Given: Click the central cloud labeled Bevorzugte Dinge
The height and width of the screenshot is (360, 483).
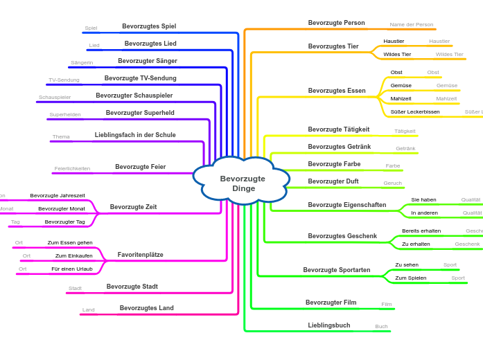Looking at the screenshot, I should click(x=243, y=183).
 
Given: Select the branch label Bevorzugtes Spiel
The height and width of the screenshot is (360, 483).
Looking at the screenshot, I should click(x=149, y=26).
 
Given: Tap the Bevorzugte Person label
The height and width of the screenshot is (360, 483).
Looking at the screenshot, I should click(x=336, y=23).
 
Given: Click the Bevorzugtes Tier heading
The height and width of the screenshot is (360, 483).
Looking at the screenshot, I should click(x=333, y=46).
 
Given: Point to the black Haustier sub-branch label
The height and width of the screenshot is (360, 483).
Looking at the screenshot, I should click(x=394, y=42).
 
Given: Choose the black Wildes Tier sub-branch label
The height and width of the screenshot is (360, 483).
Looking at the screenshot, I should click(x=397, y=54).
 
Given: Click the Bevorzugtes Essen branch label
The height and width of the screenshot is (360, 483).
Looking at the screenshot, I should click(x=337, y=91).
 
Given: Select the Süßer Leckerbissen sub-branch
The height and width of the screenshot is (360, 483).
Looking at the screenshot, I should click(x=414, y=111).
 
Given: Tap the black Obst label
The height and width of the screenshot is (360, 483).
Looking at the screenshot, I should click(x=396, y=73).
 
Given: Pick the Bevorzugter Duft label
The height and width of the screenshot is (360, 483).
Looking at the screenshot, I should click(x=333, y=181).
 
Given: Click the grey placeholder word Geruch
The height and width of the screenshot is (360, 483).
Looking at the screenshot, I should click(x=392, y=183).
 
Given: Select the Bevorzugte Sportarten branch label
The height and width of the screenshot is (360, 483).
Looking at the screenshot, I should click(x=336, y=270).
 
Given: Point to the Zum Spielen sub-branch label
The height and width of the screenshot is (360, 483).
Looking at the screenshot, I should click(x=410, y=278).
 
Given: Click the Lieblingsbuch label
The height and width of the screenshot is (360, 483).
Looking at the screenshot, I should click(x=329, y=325).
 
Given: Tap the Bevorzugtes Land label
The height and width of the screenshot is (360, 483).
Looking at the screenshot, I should click(x=146, y=308).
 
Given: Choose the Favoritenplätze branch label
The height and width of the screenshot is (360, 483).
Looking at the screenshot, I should click(x=140, y=255).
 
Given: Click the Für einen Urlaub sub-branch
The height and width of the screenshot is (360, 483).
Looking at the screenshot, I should click(x=71, y=269).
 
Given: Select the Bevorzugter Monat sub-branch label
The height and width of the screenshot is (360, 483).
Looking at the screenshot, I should click(x=62, y=208).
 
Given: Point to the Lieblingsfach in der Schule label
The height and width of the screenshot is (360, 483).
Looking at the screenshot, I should click(x=135, y=135).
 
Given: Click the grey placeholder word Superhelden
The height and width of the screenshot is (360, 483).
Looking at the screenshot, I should click(x=65, y=115).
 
